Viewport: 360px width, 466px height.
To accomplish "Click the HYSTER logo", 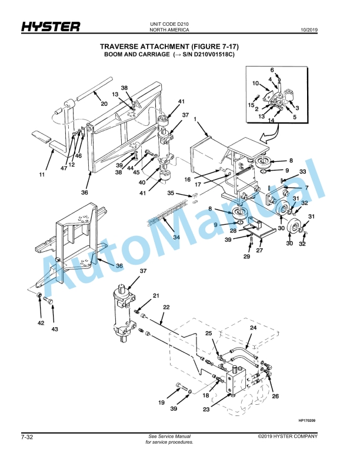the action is click(x=51, y=26).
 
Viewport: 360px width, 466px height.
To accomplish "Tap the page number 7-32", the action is click(x=27, y=437).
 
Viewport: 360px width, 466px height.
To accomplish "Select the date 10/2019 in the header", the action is click(x=309, y=30).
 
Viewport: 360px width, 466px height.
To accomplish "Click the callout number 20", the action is click(x=104, y=104).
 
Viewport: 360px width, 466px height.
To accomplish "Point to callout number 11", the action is click(x=42, y=174).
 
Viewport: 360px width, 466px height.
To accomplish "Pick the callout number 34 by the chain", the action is click(x=176, y=237).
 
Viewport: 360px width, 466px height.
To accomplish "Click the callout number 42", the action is click(x=41, y=323).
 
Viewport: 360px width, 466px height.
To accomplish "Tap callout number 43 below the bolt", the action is click(x=55, y=329).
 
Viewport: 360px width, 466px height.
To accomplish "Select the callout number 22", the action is click(x=166, y=307).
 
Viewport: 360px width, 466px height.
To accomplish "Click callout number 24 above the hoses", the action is click(x=253, y=328).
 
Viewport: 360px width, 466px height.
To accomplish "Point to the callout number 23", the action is click(x=206, y=410).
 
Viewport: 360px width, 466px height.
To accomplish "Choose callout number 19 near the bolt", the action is click(x=161, y=402).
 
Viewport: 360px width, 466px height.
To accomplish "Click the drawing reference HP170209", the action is click(x=307, y=420).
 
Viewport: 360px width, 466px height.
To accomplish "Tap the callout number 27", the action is click(x=259, y=250).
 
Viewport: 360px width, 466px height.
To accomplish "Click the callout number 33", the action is click(x=303, y=171).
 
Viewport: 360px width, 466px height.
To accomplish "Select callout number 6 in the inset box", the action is click(x=272, y=70).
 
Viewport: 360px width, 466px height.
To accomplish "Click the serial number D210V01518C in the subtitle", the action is click(x=214, y=55).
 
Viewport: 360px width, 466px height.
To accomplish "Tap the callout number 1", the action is click(x=195, y=119).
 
